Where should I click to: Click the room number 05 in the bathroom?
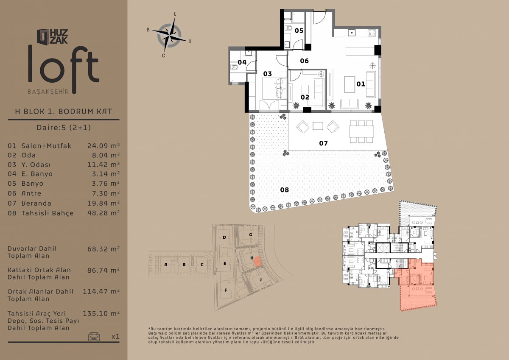299,31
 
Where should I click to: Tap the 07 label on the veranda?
323,143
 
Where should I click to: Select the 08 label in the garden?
284,190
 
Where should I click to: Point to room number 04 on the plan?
242,62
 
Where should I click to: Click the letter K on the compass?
175,14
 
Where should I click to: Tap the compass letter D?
190,41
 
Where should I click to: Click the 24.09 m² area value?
103,145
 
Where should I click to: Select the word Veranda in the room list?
36,203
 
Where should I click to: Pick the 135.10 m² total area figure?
101,313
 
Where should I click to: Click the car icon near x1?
94,336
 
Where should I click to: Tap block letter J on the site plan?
260,279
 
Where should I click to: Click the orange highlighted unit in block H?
257,262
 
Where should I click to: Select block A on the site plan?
166,264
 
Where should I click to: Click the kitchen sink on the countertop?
352,33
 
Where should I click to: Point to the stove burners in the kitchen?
372,33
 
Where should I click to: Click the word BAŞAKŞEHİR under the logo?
48,91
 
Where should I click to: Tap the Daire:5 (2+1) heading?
64,127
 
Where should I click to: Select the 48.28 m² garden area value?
103,213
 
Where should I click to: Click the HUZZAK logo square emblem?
43,36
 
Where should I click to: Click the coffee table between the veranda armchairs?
318,126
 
